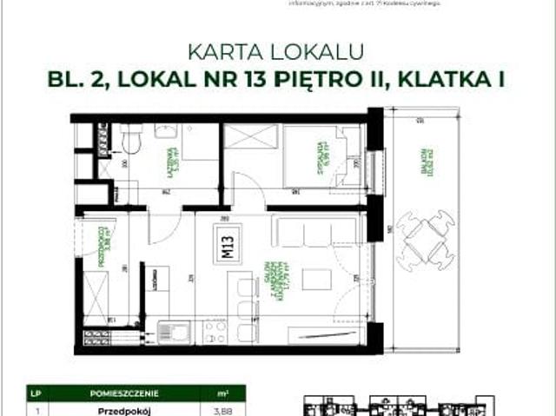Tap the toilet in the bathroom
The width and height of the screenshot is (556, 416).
(x=132, y=139)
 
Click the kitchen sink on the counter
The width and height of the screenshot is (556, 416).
(x=173, y=332)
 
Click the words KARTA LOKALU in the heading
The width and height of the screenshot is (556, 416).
(x=277, y=51)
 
